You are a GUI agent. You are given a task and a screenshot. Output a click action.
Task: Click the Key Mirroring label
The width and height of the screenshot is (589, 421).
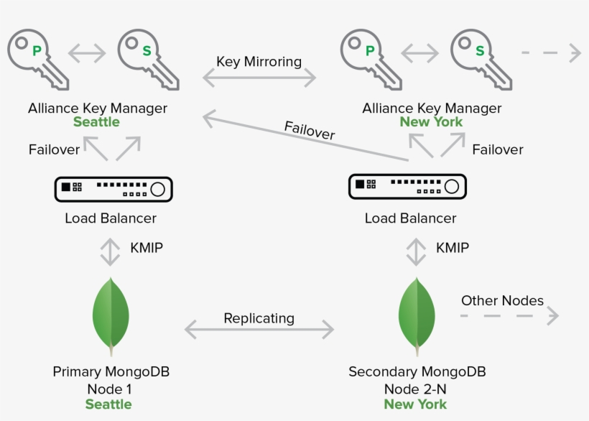259,62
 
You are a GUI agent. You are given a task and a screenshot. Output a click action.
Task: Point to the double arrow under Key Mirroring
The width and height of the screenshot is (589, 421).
259,78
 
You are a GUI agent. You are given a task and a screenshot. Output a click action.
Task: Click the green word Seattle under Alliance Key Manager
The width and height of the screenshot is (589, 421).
96,122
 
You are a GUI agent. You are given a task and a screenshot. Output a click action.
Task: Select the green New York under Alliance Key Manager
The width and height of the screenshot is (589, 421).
431,122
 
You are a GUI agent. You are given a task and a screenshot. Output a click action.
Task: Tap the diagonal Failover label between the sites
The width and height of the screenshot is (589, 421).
309,131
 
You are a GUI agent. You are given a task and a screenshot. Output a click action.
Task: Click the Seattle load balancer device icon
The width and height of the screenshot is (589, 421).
114,188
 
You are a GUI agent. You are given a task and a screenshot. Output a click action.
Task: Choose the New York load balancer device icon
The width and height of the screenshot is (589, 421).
407,185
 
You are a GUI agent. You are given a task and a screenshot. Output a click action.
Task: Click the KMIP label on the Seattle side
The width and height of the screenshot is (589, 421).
147,248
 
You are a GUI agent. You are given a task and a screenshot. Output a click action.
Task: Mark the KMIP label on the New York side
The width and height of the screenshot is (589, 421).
453,248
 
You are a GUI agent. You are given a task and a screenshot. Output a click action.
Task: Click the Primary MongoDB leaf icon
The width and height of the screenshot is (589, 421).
111,316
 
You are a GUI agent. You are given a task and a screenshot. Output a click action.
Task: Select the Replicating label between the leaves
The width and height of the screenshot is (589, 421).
259,318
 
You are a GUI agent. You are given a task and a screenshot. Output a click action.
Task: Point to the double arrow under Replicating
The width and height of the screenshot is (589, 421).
259,330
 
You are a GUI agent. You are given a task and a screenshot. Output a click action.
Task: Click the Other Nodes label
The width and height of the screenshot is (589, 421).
502,300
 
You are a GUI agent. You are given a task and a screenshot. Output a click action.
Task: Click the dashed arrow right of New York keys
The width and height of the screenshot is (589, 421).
551,52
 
